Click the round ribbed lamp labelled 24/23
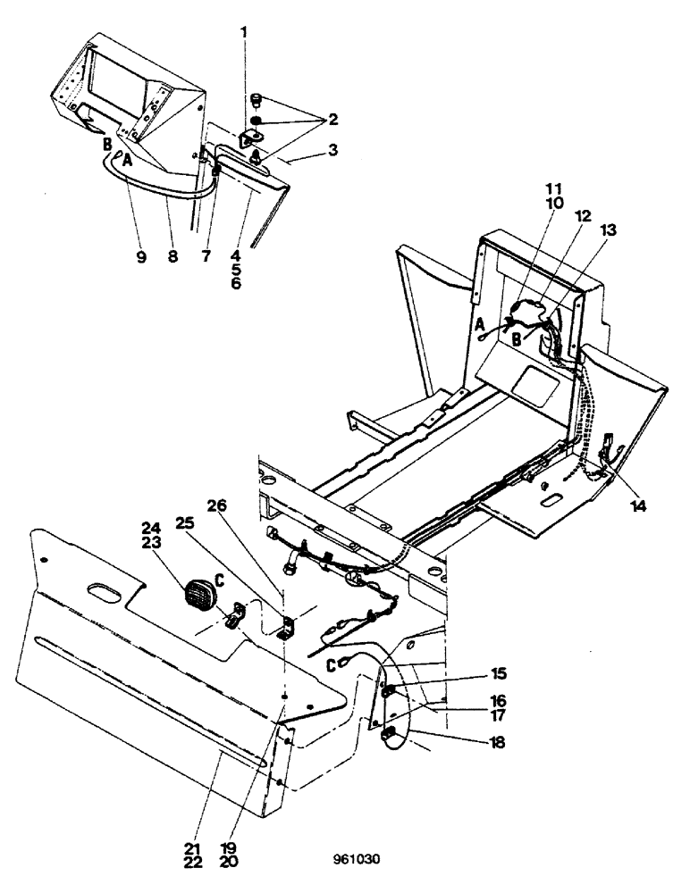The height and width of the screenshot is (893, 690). click(x=200, y=596)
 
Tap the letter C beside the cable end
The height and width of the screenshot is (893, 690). click(x=332, y=663)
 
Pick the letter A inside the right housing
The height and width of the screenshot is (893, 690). click(x=481, y=323)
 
